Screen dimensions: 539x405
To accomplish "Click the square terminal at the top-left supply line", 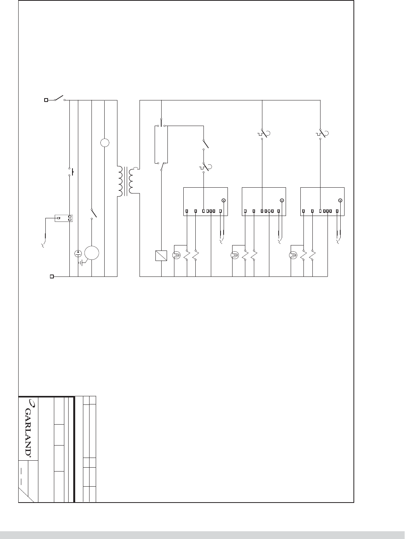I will click(46, 100).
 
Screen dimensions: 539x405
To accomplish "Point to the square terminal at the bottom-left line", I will click(52, 276).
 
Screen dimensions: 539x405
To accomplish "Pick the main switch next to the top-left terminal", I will click(60, 98).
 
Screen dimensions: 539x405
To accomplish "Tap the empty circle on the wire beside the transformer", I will click(105, 143).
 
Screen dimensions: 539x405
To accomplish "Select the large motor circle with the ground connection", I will click(92, 253).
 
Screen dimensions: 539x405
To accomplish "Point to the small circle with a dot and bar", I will click(78, 254).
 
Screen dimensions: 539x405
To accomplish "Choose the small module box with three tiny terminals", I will click(64, 218).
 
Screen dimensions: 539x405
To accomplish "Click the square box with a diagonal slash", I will click(161, 256).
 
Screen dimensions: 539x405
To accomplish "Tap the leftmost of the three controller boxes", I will click(205, 201).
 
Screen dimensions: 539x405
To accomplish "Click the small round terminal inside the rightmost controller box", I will click(340, 200).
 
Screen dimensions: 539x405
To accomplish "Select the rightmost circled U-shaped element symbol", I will click(293, 256).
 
